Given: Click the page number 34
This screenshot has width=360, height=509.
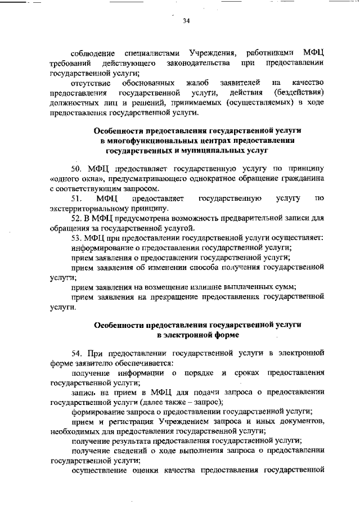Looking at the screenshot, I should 186,21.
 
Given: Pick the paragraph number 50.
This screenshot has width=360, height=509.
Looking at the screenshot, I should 76,169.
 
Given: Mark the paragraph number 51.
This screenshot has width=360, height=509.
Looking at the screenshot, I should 76,199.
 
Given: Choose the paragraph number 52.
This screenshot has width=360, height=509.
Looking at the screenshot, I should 76,218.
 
